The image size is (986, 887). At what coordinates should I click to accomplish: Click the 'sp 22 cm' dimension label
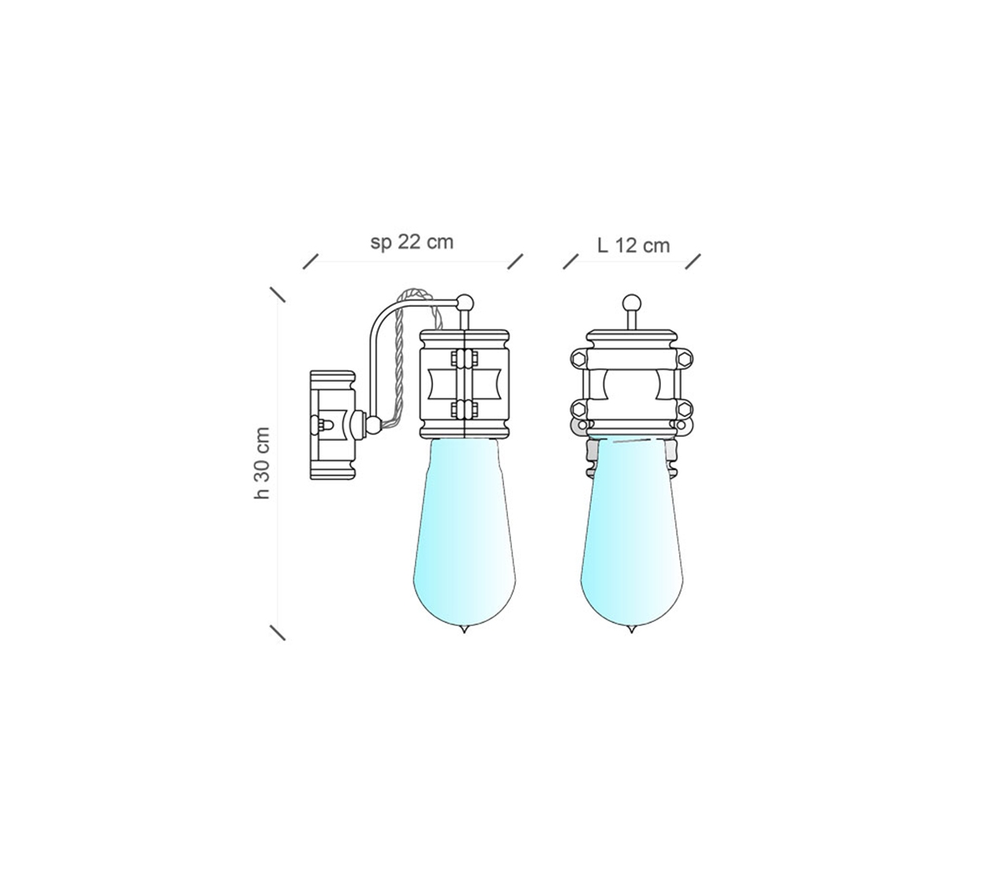click(x=412, y=243)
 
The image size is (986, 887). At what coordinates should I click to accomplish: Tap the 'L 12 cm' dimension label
click(x=633, y=245)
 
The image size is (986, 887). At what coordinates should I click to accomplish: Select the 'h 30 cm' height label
click(x=262, y=464)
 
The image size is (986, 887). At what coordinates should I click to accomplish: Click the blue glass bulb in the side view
click(x=465, y=533)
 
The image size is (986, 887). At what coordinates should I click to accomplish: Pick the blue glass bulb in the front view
click(x=632, y=533)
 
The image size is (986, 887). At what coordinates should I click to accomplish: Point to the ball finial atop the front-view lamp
click(x=632, y=303)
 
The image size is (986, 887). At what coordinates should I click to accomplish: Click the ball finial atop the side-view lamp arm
click(x=465, y=303)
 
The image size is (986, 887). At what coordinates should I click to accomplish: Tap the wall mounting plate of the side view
click(x=332, y=425)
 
